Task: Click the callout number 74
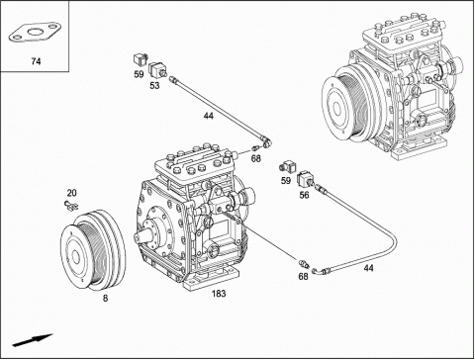pyautogui.click(x=36, y=61)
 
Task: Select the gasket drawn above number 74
pyautogui.click(x=35, y=33)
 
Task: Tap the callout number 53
pyautogui.click(x=154, y=85)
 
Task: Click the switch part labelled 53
pyautogui.click(x=157, y=70)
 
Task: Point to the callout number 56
pyautogui.click(x=304, y=195)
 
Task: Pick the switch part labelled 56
pyautogui.click(x=306, y=179)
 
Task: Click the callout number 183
pyautogui.click(x=219, y=293)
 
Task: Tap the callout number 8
pyautogui.click(x=105, y=299)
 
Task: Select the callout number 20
pyautogui.click(x=72, y=193)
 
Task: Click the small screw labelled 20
pyautogui.click(x=71, y=206)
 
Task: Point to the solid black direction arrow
pyautogui.click(x=33, y=340)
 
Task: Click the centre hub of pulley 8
pyautogui.click(x=76, y=257)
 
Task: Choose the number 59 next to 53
pyautogui.click(x=139, y=74)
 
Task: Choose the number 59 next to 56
pyautogui.click(x=286, y=181)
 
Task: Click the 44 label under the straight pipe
pyautogui.click(x=209, y=116)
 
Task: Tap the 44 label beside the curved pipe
pyautogui.click(x=368, y=268)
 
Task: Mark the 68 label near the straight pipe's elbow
pyautogui.click(x=256, y=159)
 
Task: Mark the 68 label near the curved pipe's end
pyautogui.click(x=303, y=276)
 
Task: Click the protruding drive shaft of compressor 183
pyautogui.click(x=142, y=235)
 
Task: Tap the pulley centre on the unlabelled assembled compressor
pyautogui.click(x=337, y=107)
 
